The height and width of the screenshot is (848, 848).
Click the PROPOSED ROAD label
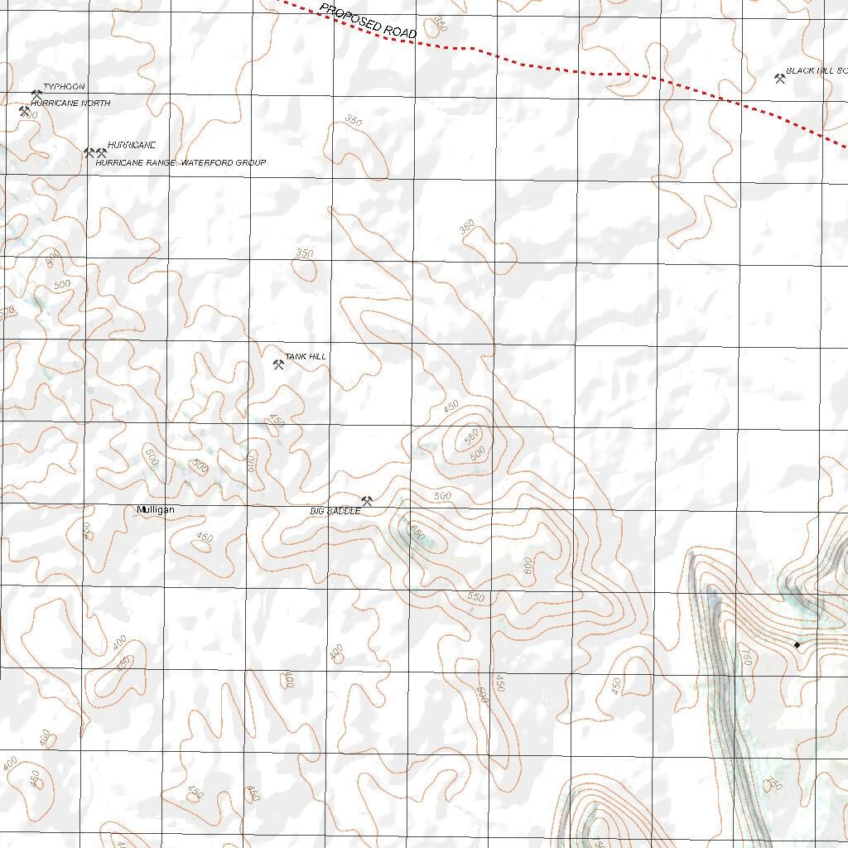[369, 21]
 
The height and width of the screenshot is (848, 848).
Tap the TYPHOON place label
[64, 87]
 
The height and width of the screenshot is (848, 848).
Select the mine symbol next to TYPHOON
[36, 94]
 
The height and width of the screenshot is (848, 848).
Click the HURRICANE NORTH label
[70, 104]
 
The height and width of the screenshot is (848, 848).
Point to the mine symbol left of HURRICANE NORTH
[24, 110]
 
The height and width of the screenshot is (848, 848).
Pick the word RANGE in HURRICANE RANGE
[159, 163]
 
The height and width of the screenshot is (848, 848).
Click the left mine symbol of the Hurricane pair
[89, 153]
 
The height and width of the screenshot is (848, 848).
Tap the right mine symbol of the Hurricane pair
[102, 153]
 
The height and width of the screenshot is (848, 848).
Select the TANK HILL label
[306, 357]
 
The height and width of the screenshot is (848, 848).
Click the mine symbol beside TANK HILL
[278, 364]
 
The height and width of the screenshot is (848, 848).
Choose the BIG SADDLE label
[335, 512]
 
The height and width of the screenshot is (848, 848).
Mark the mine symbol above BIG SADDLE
[367, 500]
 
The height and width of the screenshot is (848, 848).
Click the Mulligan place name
[156, 510]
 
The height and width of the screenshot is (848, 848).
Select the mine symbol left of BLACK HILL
[779, 79]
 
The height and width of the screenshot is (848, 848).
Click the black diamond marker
[797, 644]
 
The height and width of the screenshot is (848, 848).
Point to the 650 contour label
[416, 535]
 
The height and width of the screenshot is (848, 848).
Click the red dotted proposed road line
[596, 73]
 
